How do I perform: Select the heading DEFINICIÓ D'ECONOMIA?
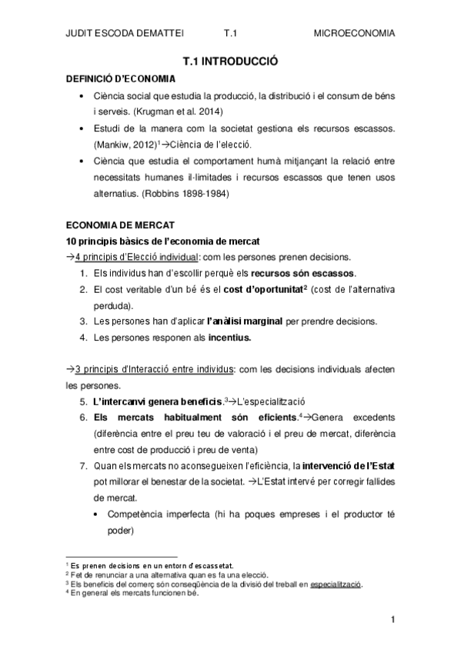pos(121,78)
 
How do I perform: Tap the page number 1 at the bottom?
pos(393,620)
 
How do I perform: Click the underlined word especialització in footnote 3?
pos(336,584)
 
